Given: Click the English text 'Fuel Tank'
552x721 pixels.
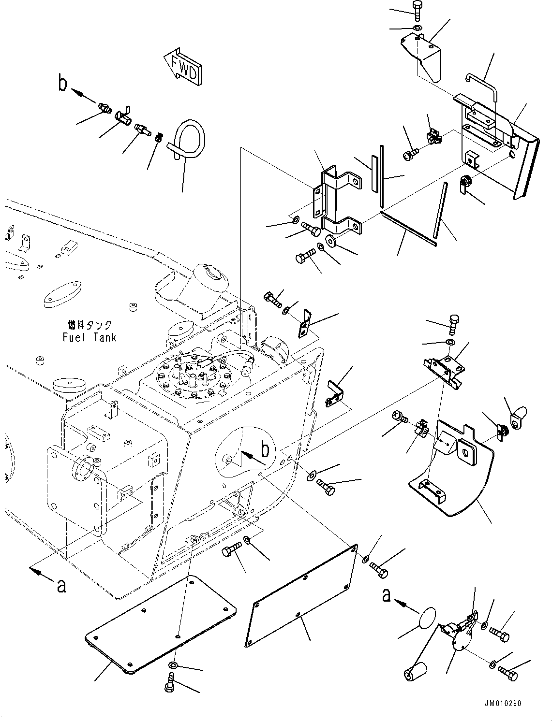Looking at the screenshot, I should [x=90, y=337].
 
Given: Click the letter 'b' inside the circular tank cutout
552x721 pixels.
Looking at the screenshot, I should [x=265, y=449].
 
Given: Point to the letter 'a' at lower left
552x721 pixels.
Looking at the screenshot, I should [x=61, y=585].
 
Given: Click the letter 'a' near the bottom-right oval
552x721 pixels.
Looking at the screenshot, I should [x=386, y=595].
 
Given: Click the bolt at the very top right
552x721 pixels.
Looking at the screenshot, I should [x=418, y=11].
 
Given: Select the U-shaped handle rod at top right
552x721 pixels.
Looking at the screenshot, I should [x=482, y=86].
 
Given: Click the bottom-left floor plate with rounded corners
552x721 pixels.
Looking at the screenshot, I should [x=160, y=624].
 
